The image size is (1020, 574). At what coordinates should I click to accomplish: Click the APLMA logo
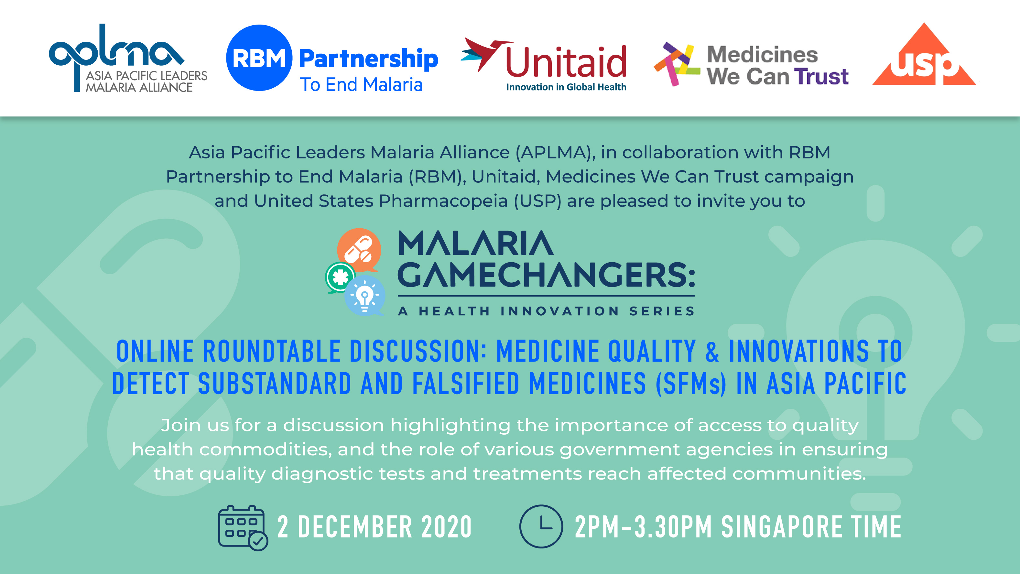[128, 58]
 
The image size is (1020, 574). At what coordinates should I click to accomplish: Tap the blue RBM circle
[259, 58]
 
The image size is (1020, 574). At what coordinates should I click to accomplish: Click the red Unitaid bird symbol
[486, 55]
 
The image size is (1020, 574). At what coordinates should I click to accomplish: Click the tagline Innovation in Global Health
[566, 87]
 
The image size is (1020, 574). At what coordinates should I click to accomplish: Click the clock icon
[541, 526]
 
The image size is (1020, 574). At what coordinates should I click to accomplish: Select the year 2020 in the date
[446, 527]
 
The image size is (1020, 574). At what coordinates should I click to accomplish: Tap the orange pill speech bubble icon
[359, 250]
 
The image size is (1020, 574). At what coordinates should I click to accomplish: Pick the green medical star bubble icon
[340, 277]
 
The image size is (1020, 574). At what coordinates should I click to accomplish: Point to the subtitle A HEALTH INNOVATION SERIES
[547, 311]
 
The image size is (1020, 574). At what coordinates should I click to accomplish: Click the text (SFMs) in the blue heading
[691, 384]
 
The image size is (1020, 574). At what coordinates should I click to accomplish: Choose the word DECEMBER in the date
[355, 527]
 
